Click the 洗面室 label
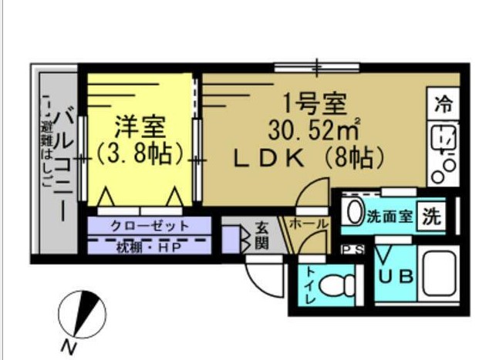pos(390,217)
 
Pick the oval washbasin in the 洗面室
pos(354,213)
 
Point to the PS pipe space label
pos(353,250)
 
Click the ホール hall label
pos(309,224)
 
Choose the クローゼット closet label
pos(150,226)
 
